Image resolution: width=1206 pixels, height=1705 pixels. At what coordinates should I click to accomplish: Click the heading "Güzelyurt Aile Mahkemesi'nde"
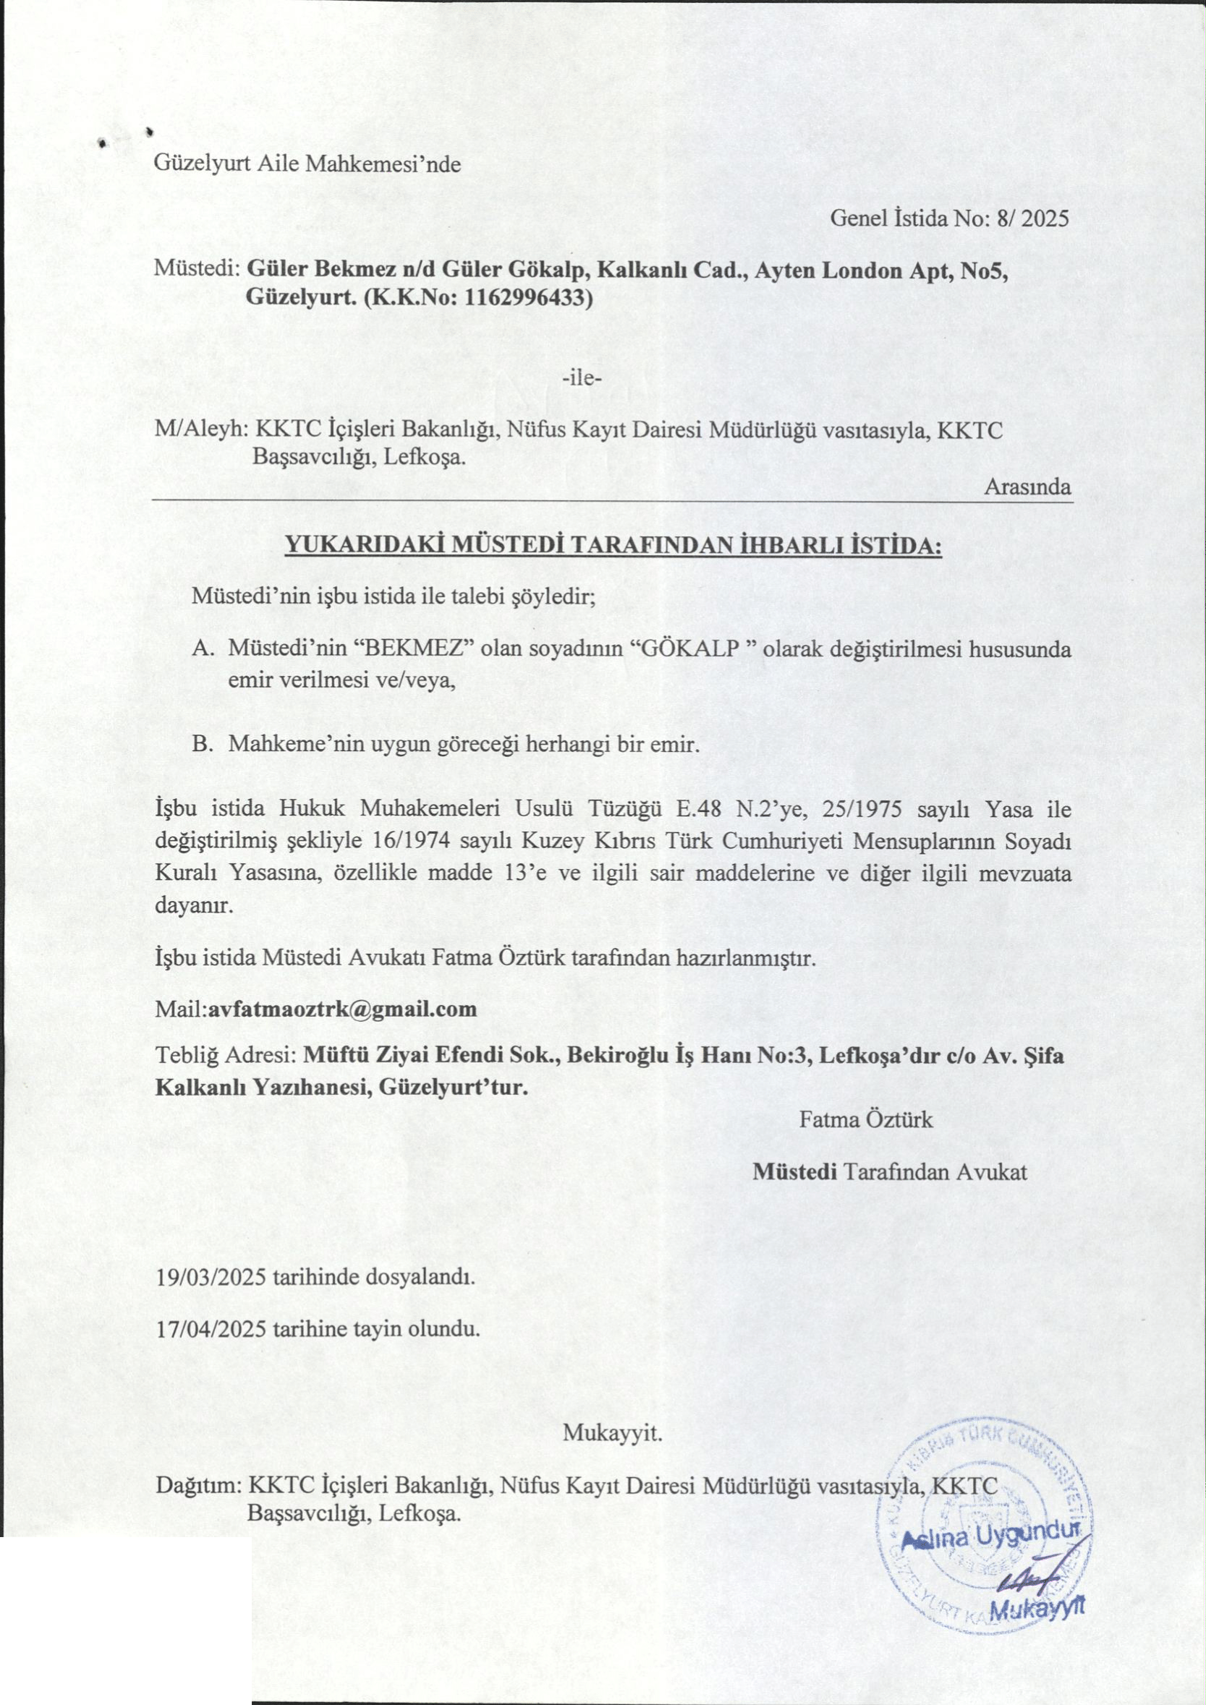pos(307,164)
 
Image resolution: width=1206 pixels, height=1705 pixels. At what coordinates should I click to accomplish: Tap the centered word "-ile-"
pos(582,378)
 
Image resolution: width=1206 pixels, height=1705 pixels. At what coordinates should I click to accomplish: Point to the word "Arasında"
pos(1028,486)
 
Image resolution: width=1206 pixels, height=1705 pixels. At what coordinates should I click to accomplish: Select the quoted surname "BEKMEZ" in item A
pos(416,648)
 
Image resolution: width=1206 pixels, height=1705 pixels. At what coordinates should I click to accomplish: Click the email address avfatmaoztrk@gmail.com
pos(342,1009)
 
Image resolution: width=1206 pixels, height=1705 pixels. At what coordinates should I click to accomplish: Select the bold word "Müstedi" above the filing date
pos(794,1172)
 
